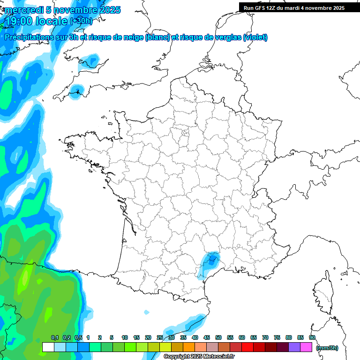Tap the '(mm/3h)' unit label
point(327,348)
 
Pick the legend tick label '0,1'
point(55,338)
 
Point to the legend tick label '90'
point(312,338)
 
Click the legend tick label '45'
point(207,338)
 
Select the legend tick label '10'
point(124,338)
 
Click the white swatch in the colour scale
point(48,347)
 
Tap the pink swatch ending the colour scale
point(306,347)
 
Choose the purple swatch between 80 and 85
point(294,347)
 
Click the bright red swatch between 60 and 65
point(247,347)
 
